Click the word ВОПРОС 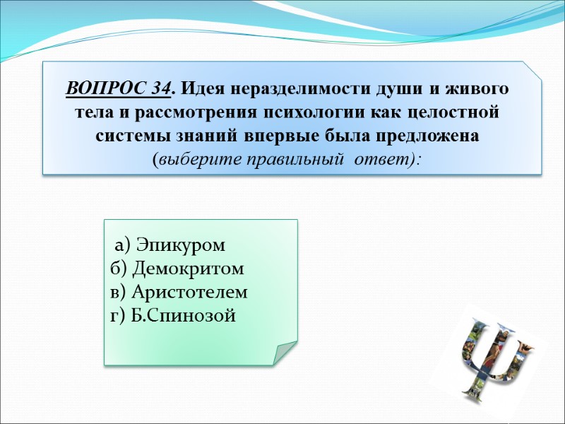coord(107,90)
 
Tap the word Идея coord(199,90)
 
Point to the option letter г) coord(118,315)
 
